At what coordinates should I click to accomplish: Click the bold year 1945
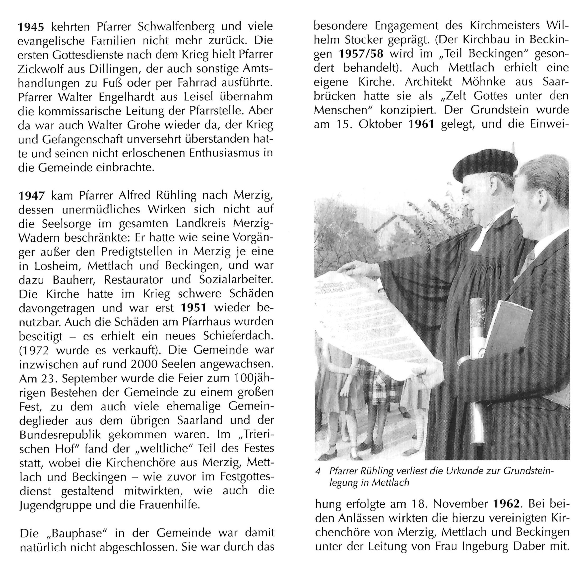coord(31,27)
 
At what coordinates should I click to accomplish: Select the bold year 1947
coord(32,196)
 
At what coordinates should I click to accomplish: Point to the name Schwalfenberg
coord(176,27)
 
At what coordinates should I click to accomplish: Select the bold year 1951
coord(194,308)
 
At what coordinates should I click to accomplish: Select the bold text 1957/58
coord(361,54)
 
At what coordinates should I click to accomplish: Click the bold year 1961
coord(421,124)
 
